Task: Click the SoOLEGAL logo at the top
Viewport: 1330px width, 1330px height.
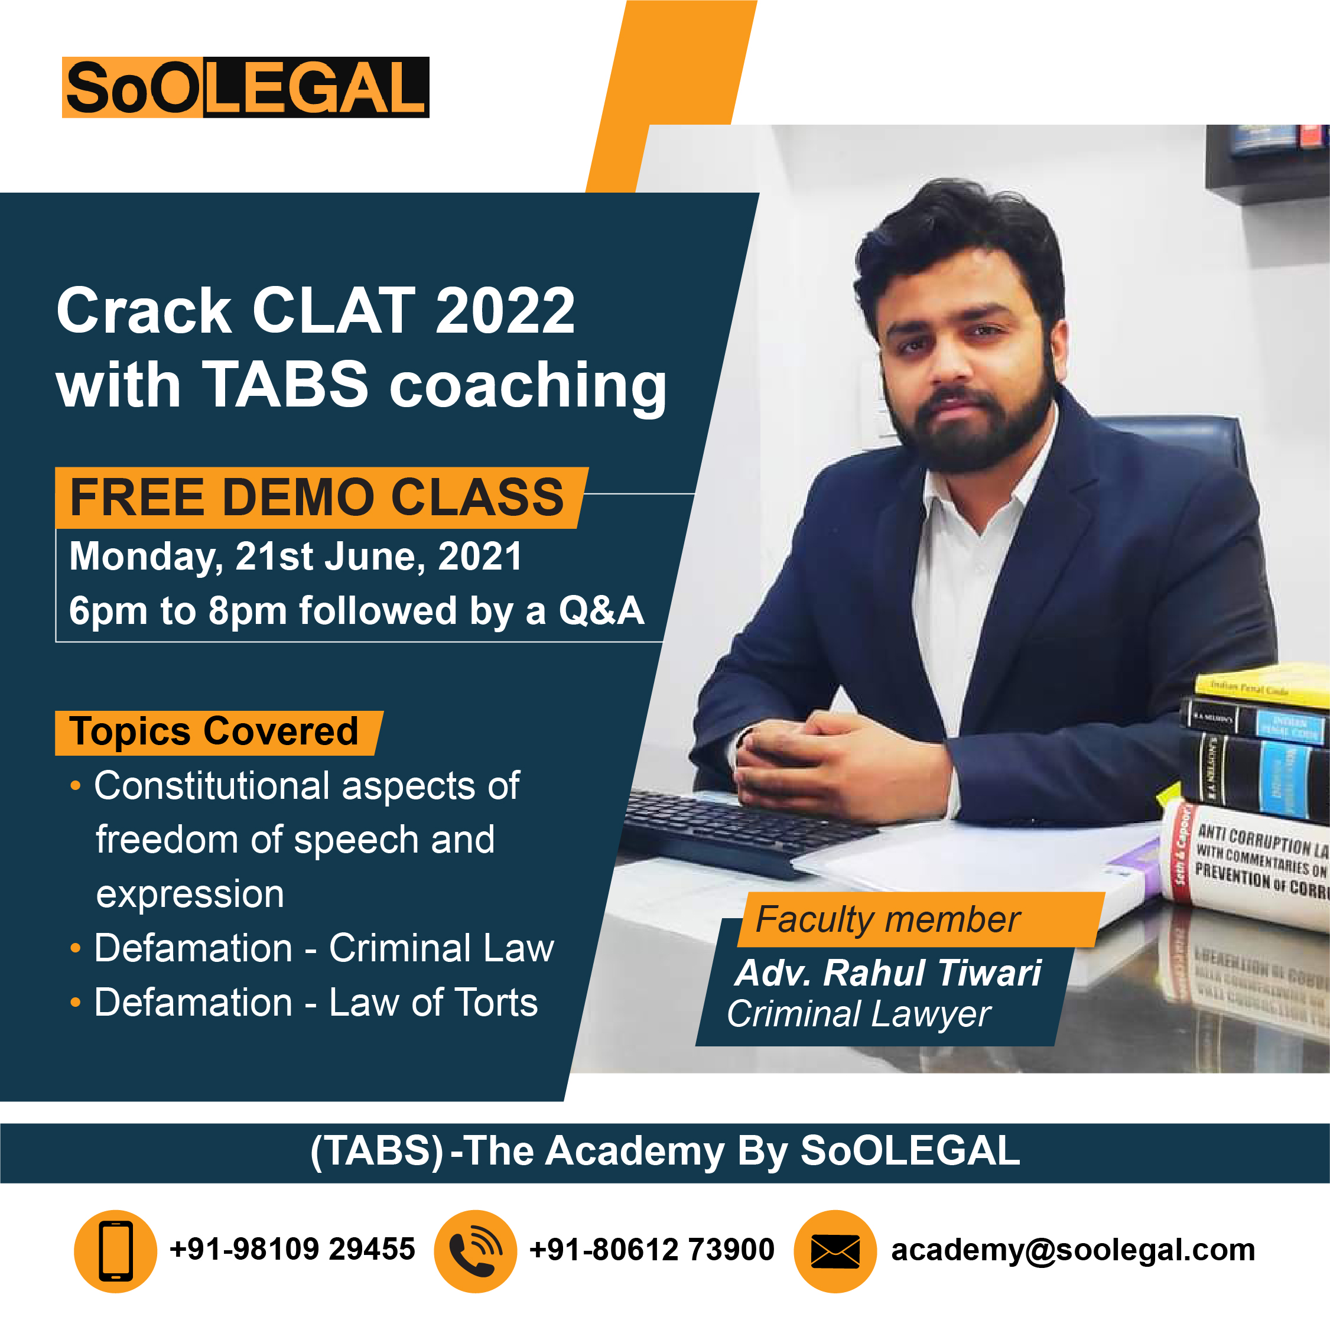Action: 245,87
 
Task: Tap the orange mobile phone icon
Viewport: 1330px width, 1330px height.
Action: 116,1251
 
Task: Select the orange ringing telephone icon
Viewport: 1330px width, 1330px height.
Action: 475,1251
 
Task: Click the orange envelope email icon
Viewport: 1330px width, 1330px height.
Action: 835,1251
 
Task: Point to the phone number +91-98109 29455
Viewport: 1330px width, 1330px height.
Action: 292,1250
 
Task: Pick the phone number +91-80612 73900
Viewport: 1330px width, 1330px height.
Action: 651,1250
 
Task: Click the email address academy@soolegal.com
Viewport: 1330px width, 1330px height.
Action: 1072,1250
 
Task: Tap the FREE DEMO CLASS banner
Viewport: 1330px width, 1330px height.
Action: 317,497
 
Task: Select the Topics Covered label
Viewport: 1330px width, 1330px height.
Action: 215,732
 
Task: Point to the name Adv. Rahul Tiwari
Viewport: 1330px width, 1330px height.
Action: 888,973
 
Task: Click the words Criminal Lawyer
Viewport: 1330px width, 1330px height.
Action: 859,1014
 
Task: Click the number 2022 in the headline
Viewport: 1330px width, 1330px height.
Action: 505,311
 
